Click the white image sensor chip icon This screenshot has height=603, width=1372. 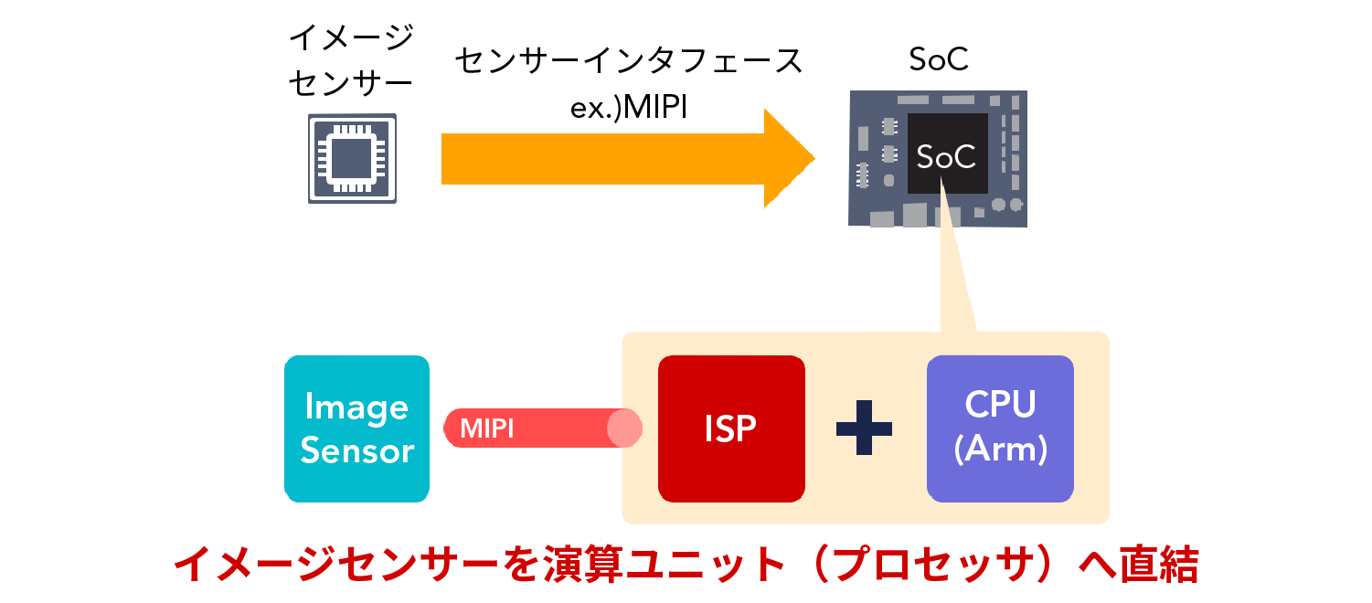click(352, 158)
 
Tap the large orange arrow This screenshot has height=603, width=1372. click(622, 158)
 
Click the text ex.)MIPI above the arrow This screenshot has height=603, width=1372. click(627, 108)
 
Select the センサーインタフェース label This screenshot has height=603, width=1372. click(628, 62)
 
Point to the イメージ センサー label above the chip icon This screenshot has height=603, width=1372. click(351, 60)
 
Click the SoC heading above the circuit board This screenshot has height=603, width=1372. click(939, 59)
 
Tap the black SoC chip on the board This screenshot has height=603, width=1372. click(947, 155)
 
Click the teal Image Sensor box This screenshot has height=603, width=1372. click(356, 428)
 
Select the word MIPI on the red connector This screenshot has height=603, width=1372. click(486, 428)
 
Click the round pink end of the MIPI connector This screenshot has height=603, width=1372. click(625, 428)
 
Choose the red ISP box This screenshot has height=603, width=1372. click(731, 428)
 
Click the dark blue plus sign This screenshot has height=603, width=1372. click(864, 428)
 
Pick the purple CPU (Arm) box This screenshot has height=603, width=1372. click(1000, 428)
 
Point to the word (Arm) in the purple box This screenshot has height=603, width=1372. click(1000, 450)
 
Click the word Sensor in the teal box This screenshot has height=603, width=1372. click(356, 451)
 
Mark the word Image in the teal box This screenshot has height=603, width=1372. click(356, 407)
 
